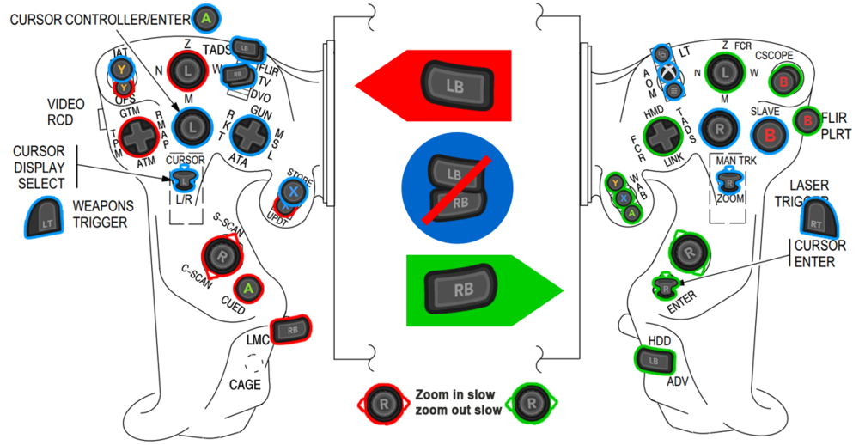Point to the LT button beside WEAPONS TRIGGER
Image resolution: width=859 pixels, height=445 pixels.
tap(45, 216)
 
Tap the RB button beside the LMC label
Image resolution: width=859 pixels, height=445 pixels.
tap(290, 328)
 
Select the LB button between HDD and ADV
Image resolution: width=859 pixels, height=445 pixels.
tap(651, 358)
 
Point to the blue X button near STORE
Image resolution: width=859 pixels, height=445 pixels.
tap(292, 192)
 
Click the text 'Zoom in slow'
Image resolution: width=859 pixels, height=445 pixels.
tap(454, 394)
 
